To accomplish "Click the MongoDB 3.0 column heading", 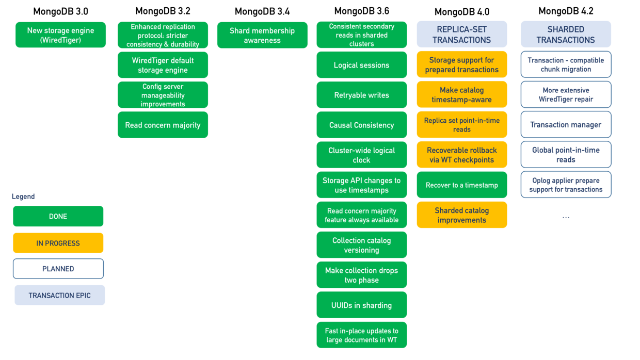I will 60,11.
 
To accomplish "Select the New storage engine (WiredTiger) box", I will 60,35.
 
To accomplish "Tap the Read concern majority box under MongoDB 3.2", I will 163,125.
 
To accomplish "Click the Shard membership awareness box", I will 262,35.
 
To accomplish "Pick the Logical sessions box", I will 361,65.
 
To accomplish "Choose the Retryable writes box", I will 361,95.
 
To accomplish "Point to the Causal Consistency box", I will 361,125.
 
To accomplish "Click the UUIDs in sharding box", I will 361,305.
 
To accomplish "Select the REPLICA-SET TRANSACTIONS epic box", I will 461,35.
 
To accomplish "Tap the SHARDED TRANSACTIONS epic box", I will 566,35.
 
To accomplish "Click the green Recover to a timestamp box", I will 461,185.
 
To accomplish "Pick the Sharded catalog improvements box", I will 461,215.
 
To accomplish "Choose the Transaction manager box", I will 566,124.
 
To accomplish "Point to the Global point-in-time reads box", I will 566,155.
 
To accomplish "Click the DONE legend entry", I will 58,216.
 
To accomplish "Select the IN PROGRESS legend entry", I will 58,243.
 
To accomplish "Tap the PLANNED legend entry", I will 58,269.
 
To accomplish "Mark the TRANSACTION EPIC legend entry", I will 59,296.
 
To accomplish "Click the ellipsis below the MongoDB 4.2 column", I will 566,217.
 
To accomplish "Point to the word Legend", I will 23,197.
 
